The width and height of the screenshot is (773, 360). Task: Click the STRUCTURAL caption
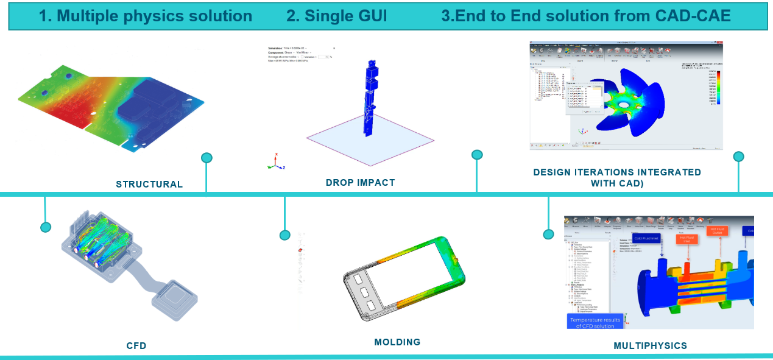(x=149, y=184)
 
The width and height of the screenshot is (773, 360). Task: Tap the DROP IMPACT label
(x=360, y=183)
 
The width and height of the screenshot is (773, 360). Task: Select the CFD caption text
(x=136, y=346)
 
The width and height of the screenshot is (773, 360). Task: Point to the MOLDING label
(x=397, y=342)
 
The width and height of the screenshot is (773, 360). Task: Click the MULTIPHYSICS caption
(x=650, y=346)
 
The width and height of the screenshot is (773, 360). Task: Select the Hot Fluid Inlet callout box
(x=686, y=239)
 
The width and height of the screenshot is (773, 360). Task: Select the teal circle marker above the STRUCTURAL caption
(x=206, y=158)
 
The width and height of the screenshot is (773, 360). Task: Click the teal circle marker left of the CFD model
(x=45, y=227)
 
